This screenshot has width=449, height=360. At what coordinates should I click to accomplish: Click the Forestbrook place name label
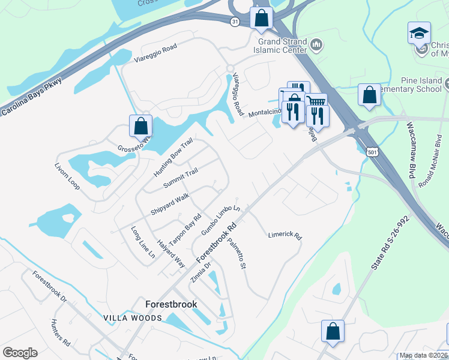(x=171, y=304)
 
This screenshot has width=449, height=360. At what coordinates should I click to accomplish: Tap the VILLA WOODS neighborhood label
(x=133, y=317)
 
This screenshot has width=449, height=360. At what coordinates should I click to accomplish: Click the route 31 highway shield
(x=235, y=21)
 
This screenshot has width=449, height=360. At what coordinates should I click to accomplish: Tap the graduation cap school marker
(x=419, y=34)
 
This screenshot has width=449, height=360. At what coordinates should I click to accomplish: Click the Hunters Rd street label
(x=61, y=334)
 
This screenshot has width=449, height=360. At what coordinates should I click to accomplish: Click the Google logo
(x=20, y=353)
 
